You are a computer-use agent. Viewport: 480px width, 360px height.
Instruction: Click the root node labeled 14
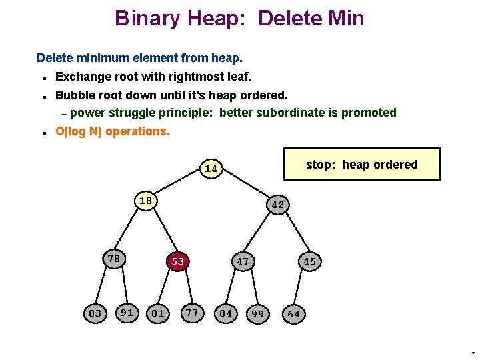coord(211,169)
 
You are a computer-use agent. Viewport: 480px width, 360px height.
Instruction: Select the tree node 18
coord(145,201)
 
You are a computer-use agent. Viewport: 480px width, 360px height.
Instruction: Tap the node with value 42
coord(278,205)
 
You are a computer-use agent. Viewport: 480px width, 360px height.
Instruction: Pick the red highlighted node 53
coord(177,261)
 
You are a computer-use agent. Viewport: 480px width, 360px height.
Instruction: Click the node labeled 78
coord(114,259)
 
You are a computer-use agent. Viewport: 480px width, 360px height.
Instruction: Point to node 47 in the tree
coord(243,261)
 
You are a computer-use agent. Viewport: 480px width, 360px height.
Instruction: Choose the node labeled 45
coord(309,261)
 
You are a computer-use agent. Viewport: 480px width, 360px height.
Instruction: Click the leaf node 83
coord(95,313)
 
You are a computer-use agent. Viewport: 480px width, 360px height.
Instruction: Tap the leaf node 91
coord(127,311)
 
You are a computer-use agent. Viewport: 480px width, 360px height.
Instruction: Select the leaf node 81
coord(158,313)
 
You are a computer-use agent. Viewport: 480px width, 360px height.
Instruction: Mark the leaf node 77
coord(192,311)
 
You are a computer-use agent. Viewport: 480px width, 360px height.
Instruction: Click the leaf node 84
coord(226,313)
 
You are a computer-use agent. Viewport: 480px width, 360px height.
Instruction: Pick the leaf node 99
coord(257,313)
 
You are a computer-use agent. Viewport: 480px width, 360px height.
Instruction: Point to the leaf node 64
coord(293,313)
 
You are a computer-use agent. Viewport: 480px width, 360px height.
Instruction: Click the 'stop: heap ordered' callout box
coord(361,165)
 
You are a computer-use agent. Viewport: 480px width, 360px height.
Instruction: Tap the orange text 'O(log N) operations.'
coord(113,131)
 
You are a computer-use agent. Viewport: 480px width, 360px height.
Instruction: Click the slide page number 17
coord(471,353)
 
